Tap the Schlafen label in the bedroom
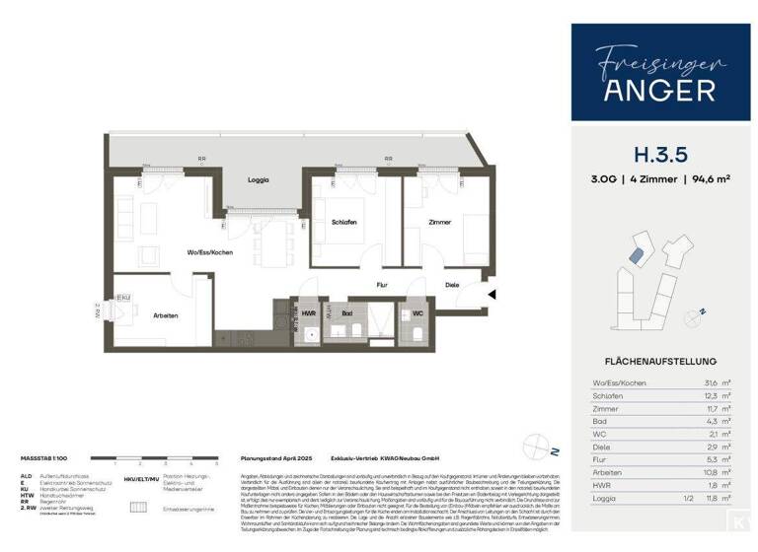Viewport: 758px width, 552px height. pos(344,222)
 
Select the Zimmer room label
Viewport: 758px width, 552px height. pos(439,222)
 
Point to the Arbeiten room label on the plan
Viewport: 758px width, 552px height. pos(166,314)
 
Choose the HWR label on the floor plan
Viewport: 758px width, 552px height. pos(309,314)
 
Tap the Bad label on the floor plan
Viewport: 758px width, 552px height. pos(348,314)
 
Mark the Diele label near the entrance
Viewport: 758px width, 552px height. pos(452,286)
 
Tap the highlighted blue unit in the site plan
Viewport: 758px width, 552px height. pos(638,255)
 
